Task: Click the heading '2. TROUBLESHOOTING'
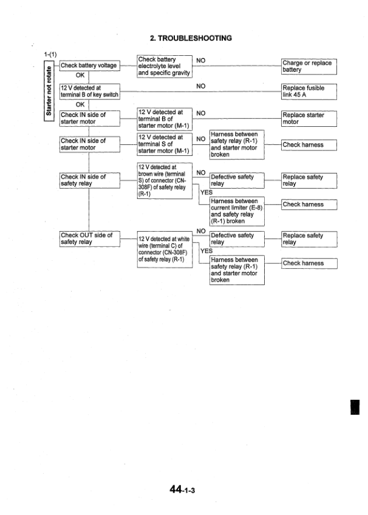pos(191,38)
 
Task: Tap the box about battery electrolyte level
pos(165,66)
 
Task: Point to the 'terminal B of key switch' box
pos(88,91)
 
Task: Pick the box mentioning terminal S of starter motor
pos(165,145)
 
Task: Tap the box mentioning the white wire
pos(165,247)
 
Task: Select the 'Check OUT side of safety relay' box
pos(88,238)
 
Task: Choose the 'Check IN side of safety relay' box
pos(88,180)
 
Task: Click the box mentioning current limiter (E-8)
pos(236,211)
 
